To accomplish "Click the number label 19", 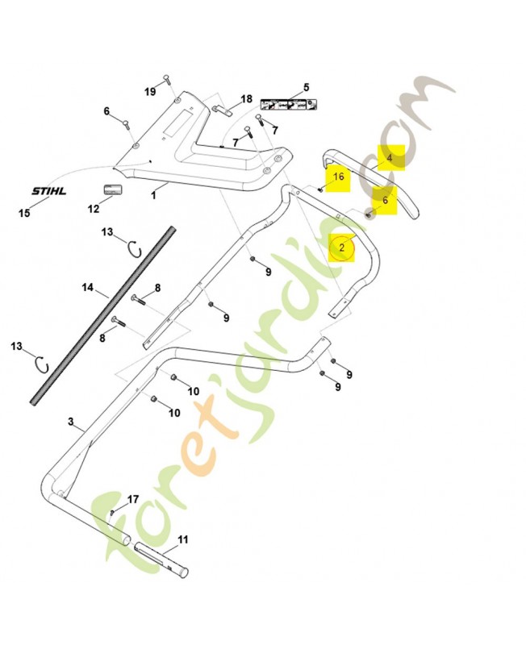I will [x=150, y=92].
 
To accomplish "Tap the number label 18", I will [x=246, y=98].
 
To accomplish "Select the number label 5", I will [x=307, y=86].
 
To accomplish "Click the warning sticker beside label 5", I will [x=288, y=105].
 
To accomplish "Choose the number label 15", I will [x=24, y=213].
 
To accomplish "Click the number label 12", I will [x=94, y=209].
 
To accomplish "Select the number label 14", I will [x=89, y=287].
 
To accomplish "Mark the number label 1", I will [x=153, y=194].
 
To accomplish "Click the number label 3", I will [x=71, y=422].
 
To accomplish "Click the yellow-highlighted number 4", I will [x=390, y=158].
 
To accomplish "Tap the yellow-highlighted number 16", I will [x=338, y=177].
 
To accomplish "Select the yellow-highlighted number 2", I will [x=342, y=248].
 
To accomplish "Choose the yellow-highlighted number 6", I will [x=385, y=201].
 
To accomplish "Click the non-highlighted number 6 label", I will [x=106, y=110].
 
